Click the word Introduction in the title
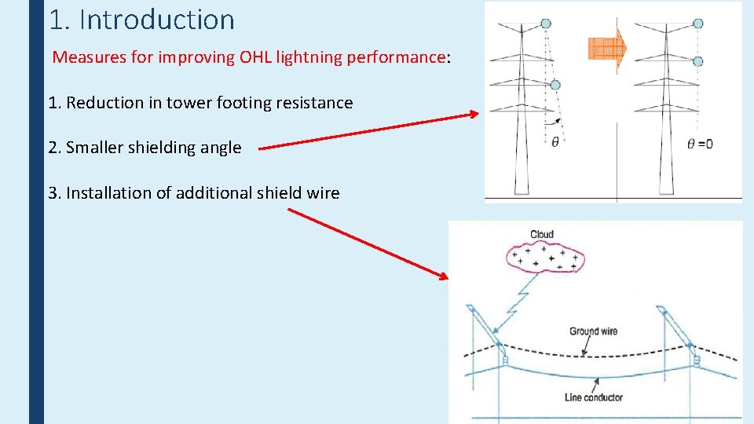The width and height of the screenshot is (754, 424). [157, 20]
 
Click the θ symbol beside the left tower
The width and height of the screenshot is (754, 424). [555, 143]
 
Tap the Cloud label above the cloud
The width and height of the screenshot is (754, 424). [542, 234]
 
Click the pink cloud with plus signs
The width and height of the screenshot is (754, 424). [545, 258]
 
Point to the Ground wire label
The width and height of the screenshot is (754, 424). [593, 331]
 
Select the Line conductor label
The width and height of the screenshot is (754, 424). [593, 397]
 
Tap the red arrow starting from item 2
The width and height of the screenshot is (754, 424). [369, 130]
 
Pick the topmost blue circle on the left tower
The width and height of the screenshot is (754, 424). [547, 24]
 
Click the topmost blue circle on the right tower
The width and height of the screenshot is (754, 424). [698, 24]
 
